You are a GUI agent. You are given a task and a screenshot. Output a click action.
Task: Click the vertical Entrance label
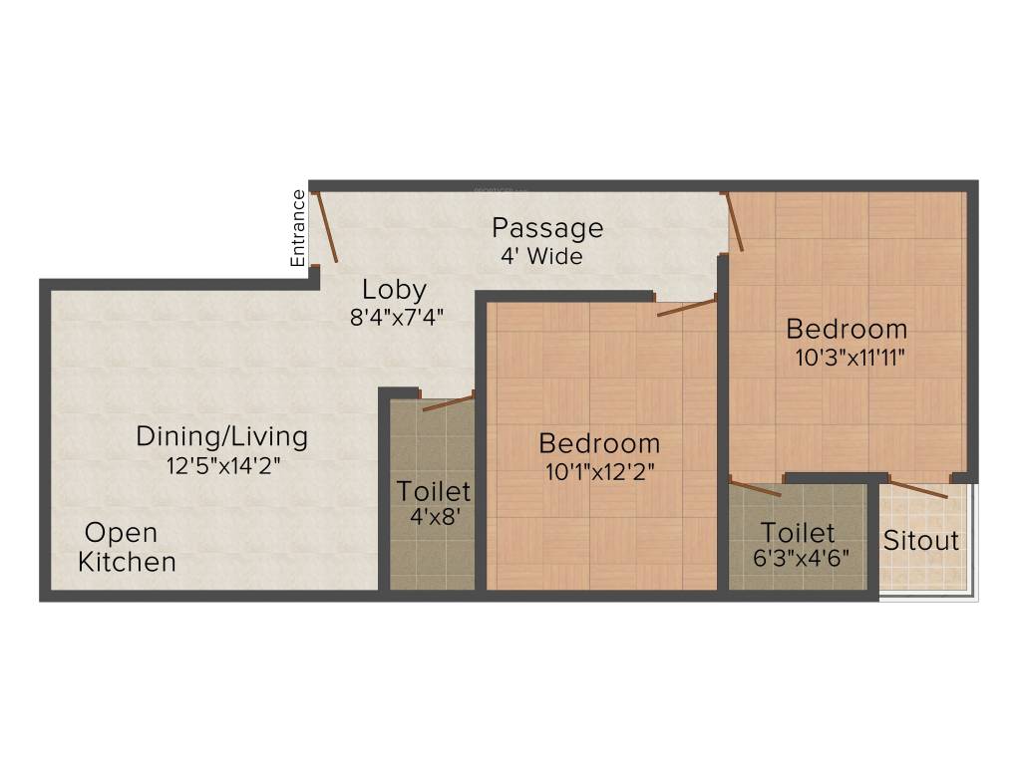(297, 228)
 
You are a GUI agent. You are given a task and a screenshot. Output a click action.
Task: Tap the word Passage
(547, 228)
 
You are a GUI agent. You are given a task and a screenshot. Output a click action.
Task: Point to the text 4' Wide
(541, 256)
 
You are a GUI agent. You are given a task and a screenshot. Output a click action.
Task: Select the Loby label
(394, 290)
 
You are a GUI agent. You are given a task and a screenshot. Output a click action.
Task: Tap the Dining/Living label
(221, 436)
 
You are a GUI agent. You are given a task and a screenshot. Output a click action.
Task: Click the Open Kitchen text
(127, 547)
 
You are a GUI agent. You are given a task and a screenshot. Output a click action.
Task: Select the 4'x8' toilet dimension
(433, 518)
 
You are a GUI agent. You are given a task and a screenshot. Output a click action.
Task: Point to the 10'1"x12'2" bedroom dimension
(599, 471)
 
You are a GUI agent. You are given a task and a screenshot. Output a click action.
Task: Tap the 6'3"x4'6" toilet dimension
(801, 558)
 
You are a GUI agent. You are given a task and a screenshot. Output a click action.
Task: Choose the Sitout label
(921, 541)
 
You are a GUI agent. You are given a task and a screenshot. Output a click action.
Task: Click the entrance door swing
(327, 227)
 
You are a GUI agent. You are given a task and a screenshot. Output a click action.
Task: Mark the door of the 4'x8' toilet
(448, 401)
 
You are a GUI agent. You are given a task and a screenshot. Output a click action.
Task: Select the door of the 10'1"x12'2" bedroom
(686, 306)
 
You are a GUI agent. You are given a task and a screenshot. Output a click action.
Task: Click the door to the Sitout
(918, 489)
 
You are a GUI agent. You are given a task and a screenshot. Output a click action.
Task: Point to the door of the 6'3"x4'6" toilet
(756, 488)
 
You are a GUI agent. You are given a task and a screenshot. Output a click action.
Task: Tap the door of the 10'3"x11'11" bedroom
(734, 220)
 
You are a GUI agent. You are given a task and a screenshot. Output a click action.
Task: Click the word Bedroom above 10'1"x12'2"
(599, 443)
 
